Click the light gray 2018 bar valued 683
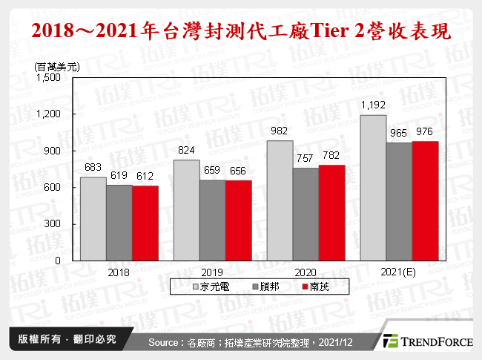[x=93, y=219]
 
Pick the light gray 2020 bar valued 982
[x=279, y=200]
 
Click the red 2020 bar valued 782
[x=331, y=212]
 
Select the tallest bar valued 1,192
[x=372, y=188]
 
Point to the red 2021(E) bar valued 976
[x=425, y=200]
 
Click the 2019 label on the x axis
[x=212, y=272]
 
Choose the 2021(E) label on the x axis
[x=399, y=272]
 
